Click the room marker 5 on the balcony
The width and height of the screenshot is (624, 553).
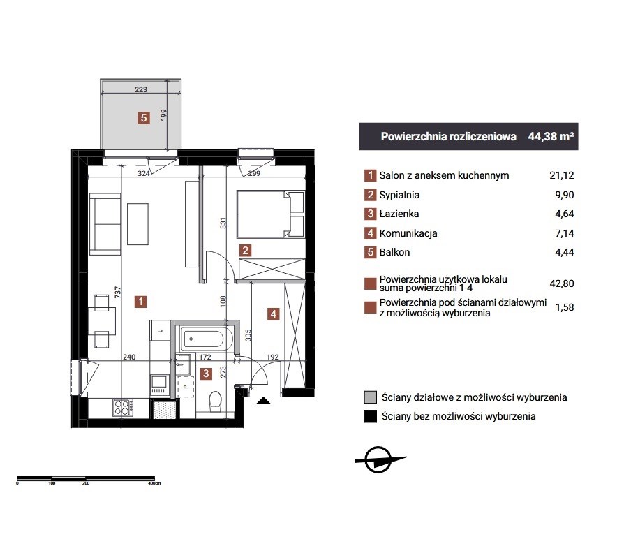(x=144, y=118)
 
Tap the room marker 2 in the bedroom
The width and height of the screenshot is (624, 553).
(x=245, y=251)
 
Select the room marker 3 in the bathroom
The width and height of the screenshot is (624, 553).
(x=206, y=374)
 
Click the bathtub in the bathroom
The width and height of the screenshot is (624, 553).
(x=202, y=339)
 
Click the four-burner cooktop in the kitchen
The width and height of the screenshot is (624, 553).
(x=123, y=407)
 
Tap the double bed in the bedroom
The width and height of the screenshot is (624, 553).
(x=271, y=214)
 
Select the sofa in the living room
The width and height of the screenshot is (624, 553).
(x=105, y=223)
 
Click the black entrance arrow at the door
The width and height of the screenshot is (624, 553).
(x=263, y=401)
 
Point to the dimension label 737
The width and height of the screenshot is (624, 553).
(x=117, y=293)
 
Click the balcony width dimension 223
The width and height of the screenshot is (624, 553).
(x=141, y=89)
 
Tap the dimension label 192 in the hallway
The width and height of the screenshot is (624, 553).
(x=273, y=357)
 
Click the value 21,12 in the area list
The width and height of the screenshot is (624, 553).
(x=561, y=175)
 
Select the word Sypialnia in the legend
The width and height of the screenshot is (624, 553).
(x=399, y=195)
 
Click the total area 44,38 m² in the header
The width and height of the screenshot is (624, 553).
(x=551, y=137)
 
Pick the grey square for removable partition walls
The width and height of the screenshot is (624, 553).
(x=370, y=397)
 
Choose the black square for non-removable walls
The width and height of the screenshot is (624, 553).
(x=370, y=416)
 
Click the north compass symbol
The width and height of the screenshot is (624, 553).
(x=380, y=459)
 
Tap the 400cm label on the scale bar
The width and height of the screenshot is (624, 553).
(x=154, y=483)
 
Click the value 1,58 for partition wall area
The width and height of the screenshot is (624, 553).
(x=565, y=307)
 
